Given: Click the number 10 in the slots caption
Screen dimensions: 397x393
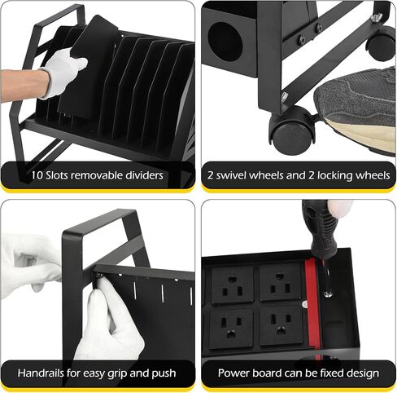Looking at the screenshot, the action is [x=37, y=175].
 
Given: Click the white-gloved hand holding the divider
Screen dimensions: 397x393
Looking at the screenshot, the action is [x=63, y=72].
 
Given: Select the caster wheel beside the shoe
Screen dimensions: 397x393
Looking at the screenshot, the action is [x=292, y=130].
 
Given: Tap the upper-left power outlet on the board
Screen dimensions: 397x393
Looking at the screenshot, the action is [x=232, y=285].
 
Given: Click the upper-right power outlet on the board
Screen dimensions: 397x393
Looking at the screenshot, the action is [x=280, y=282].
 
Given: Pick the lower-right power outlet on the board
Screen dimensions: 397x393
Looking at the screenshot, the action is [x=281, y=325].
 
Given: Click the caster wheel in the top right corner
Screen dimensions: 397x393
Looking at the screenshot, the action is [x=381, y=43].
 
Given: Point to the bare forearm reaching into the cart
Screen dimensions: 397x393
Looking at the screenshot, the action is [x=23, y=85].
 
